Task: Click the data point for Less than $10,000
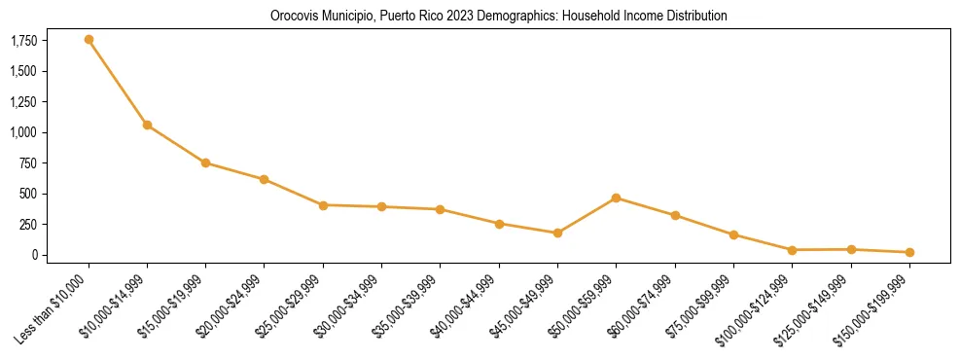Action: point(89,40)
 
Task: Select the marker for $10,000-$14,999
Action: point(147,125)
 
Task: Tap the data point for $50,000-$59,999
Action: point(616,198)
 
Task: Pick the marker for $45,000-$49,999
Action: point(557,234)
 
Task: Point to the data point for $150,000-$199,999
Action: point(909,252)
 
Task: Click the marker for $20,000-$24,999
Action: point(264,179)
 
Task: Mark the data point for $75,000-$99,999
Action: point(733,234)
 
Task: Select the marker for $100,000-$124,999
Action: point(792,250)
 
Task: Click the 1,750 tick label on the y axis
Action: point(23,41)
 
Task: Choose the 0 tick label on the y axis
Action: point(33,255)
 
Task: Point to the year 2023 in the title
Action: point(463,17)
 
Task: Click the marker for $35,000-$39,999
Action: point(440,209)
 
